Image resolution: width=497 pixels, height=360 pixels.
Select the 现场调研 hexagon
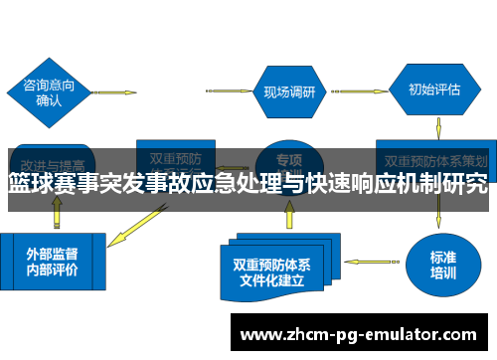pyautogui.click(x=289, y=91)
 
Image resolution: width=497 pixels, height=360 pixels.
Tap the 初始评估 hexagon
pyautogui.click(x=433, y=90)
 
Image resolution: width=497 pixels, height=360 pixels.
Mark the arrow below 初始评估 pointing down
pyautogui.click(x=438, y=127)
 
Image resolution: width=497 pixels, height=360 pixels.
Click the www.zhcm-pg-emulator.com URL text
pyautogui.click(x=364, y=334)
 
